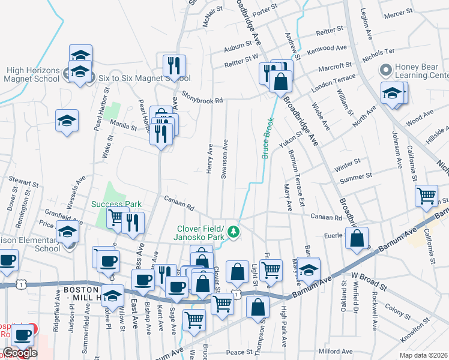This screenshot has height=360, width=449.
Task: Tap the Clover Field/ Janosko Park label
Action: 200,232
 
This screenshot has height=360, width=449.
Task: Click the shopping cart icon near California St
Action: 426,195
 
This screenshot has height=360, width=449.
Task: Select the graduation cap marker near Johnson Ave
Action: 393,94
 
